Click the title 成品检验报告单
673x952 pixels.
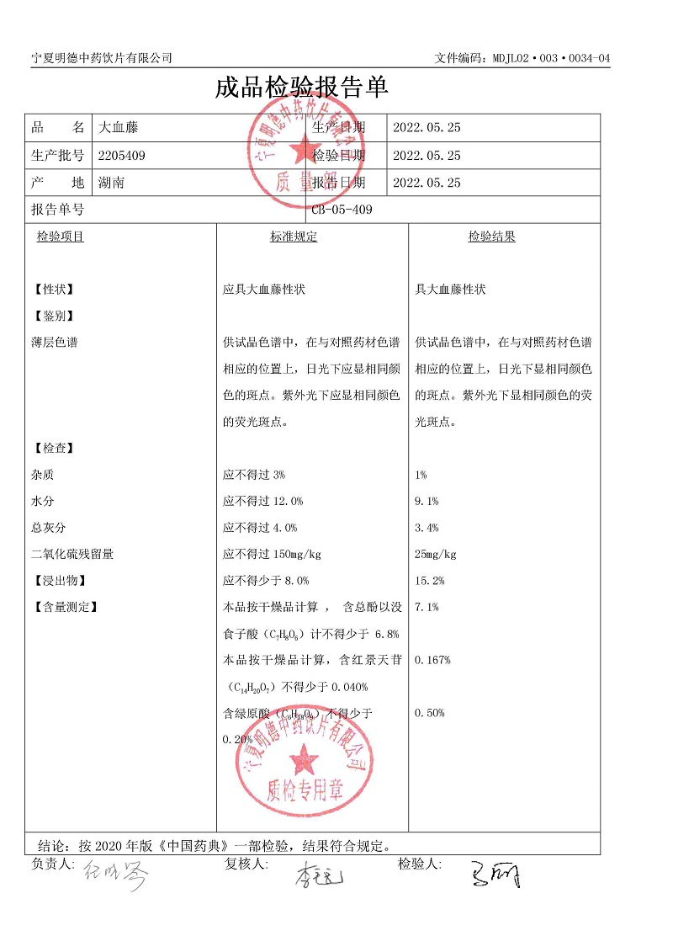(x=302, y=88)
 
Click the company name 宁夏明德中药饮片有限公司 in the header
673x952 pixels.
(x=101, y=57)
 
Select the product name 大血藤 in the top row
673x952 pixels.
(x=119, y=128)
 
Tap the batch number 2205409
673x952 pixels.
(x=122, y=155)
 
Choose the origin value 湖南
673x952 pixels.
(x=111, y=182)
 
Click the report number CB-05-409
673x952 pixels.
(x=342, y=210)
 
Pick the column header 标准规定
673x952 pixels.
(x=294, y=237)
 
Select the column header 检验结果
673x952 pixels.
(x=491, y=237)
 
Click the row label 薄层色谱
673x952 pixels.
(x=54, y=343)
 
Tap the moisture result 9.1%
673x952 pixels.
(x=427, y=501)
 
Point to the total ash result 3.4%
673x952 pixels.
(x=427, y=528)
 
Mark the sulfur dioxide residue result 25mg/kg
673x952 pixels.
(x=436, y=554)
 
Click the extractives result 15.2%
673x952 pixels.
(x=430, y=581)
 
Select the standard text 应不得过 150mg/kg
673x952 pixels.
(x=272, y=554)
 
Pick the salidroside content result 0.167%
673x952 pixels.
(x=432, y=660)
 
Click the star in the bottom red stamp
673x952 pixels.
(x=304, y=763)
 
